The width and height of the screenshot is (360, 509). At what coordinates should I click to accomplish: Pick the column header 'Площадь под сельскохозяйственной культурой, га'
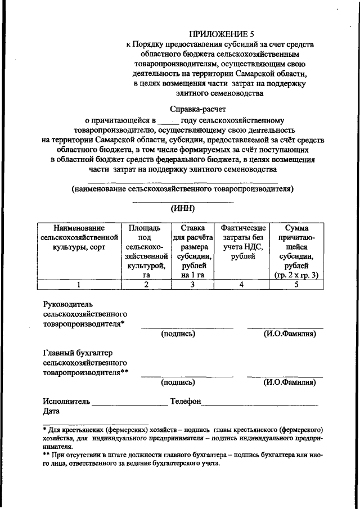tap(145, 251)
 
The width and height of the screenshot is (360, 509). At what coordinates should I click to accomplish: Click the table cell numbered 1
tap(79, 285)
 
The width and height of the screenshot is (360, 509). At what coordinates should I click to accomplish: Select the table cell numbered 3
tap(192, 285)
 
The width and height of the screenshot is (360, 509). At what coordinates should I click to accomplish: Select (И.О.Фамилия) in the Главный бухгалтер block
tap(289, 382)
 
